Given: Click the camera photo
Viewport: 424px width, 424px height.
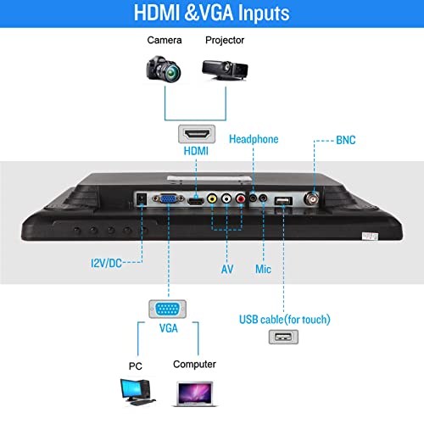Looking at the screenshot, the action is (164, 69).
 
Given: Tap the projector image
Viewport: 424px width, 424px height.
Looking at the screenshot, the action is (225, 70).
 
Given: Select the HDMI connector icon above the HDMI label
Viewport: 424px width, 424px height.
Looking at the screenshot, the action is (197, 134).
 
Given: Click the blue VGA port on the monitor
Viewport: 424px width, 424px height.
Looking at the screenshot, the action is (168, 198).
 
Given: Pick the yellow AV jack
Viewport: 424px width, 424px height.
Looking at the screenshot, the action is (212, 198).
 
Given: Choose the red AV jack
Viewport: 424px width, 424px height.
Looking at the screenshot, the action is (241, 198).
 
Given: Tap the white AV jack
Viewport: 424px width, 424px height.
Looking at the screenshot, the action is (226, 198).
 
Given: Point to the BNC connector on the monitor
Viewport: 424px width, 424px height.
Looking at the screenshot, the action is (311, 198).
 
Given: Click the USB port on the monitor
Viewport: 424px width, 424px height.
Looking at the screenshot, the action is (283, 201).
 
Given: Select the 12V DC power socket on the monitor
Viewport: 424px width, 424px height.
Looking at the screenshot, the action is (142, 198).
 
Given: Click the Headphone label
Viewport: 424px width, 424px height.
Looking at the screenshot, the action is (254, 139).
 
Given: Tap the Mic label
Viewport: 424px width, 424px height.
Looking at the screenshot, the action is (263, 269).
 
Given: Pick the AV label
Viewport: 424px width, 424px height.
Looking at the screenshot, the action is (227, 269).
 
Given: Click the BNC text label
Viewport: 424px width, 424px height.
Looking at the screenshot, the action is (346, 140).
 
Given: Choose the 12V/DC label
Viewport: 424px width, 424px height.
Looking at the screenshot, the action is (106, 263).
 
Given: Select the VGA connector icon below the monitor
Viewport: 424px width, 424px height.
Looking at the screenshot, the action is (167, 309).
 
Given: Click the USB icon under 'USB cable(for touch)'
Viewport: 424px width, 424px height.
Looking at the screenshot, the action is (283, 337).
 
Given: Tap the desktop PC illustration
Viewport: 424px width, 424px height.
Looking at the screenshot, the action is (137, 392).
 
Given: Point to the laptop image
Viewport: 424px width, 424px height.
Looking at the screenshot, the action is (195, 394).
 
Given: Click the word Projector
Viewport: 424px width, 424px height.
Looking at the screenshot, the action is (225, 40).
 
